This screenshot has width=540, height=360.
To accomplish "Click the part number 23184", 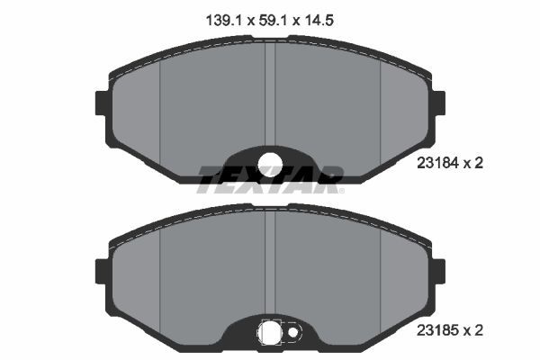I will pos(437,163).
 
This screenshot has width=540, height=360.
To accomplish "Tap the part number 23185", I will pos(437,330).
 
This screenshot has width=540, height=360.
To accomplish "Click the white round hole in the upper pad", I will pos(270,163).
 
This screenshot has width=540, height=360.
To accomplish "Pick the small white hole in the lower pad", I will pos(292,334).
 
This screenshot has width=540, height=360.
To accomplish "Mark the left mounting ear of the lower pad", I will pos(100,270).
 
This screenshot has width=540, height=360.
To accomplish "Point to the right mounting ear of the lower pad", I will pos(440,270).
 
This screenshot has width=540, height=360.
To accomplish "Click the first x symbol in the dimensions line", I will pos(245,16).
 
